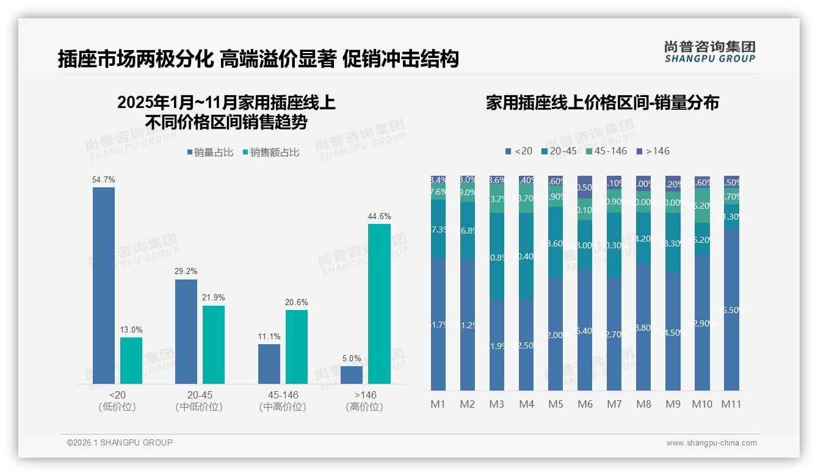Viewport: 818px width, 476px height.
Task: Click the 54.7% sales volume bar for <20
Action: point(104,285)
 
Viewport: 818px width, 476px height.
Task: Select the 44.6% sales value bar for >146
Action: point(379,303)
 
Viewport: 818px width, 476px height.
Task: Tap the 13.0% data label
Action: point(131,330)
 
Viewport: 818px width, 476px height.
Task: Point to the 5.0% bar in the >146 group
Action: point(352,375)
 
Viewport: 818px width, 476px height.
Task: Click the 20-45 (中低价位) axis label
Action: point(199,401)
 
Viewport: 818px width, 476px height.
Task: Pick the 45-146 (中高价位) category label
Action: point(282,401)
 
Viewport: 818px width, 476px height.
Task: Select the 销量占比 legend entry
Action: point(209,153)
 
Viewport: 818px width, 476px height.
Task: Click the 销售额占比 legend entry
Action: point(270,153)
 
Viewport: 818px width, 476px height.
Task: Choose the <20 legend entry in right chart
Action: point(519,151)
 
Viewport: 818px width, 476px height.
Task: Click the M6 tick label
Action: point(585,404)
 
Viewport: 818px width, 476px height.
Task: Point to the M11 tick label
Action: point(731,404)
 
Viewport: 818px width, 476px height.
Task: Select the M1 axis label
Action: point(438,404)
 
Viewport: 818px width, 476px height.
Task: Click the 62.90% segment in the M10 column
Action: point(702,323)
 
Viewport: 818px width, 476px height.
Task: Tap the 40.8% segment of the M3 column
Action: point(497,257)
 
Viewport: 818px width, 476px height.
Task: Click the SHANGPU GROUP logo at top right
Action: point(709,52)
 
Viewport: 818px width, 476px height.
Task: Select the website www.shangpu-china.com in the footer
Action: point(711,443)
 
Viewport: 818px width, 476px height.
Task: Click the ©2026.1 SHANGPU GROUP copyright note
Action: point(120,442)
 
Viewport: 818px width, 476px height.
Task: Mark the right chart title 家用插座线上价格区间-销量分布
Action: point(602,103)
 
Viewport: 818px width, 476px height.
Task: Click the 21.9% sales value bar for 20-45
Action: point(214,344)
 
